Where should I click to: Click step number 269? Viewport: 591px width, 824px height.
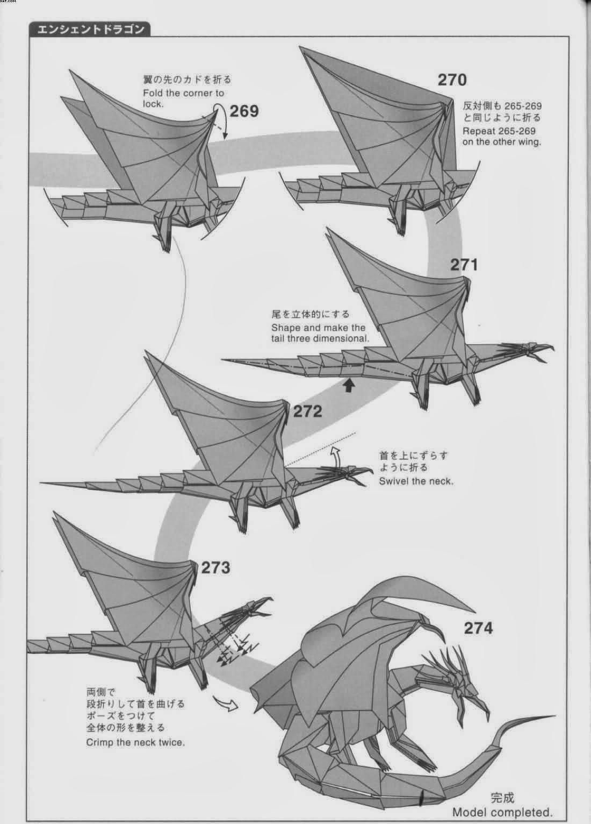coord(244,111)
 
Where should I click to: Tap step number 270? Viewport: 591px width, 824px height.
coord(452,80)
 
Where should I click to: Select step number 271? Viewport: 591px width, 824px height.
coord(464,265)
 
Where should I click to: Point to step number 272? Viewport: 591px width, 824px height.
coord(308,411)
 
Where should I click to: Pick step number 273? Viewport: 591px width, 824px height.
coord(215,567)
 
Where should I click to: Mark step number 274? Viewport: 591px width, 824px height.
coord(478,628)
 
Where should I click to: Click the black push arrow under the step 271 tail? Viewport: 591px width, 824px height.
coord(349,385)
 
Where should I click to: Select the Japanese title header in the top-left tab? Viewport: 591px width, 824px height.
coord(90,30)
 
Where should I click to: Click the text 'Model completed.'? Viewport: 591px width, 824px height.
coord(502,812)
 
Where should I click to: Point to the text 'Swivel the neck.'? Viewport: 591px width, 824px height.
coord(416,481)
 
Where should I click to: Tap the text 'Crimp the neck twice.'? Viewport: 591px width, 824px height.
coord(135,742)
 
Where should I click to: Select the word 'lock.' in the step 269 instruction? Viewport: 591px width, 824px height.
coord(153,104)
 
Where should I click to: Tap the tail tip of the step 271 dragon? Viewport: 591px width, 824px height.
coord(226,360)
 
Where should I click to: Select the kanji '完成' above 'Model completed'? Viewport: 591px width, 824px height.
coord(502,797)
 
